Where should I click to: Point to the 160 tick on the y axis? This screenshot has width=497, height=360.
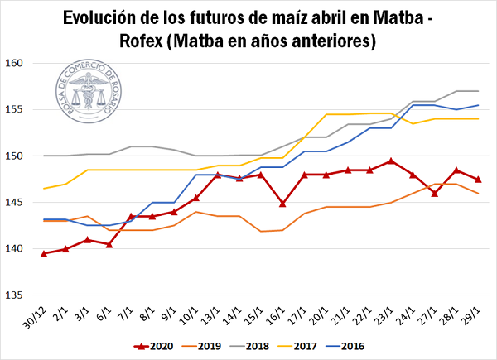(x=22, y=63)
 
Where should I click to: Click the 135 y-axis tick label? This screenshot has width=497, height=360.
(x=22, y=295)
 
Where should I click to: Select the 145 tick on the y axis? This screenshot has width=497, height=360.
(x=22, y=203)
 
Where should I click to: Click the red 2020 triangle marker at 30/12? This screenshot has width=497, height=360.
(x=44, y=253)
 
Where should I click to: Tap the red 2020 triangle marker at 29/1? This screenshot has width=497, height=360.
(x=478, y=180)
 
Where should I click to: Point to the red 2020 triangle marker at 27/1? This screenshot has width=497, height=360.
(x=434, y=193)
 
